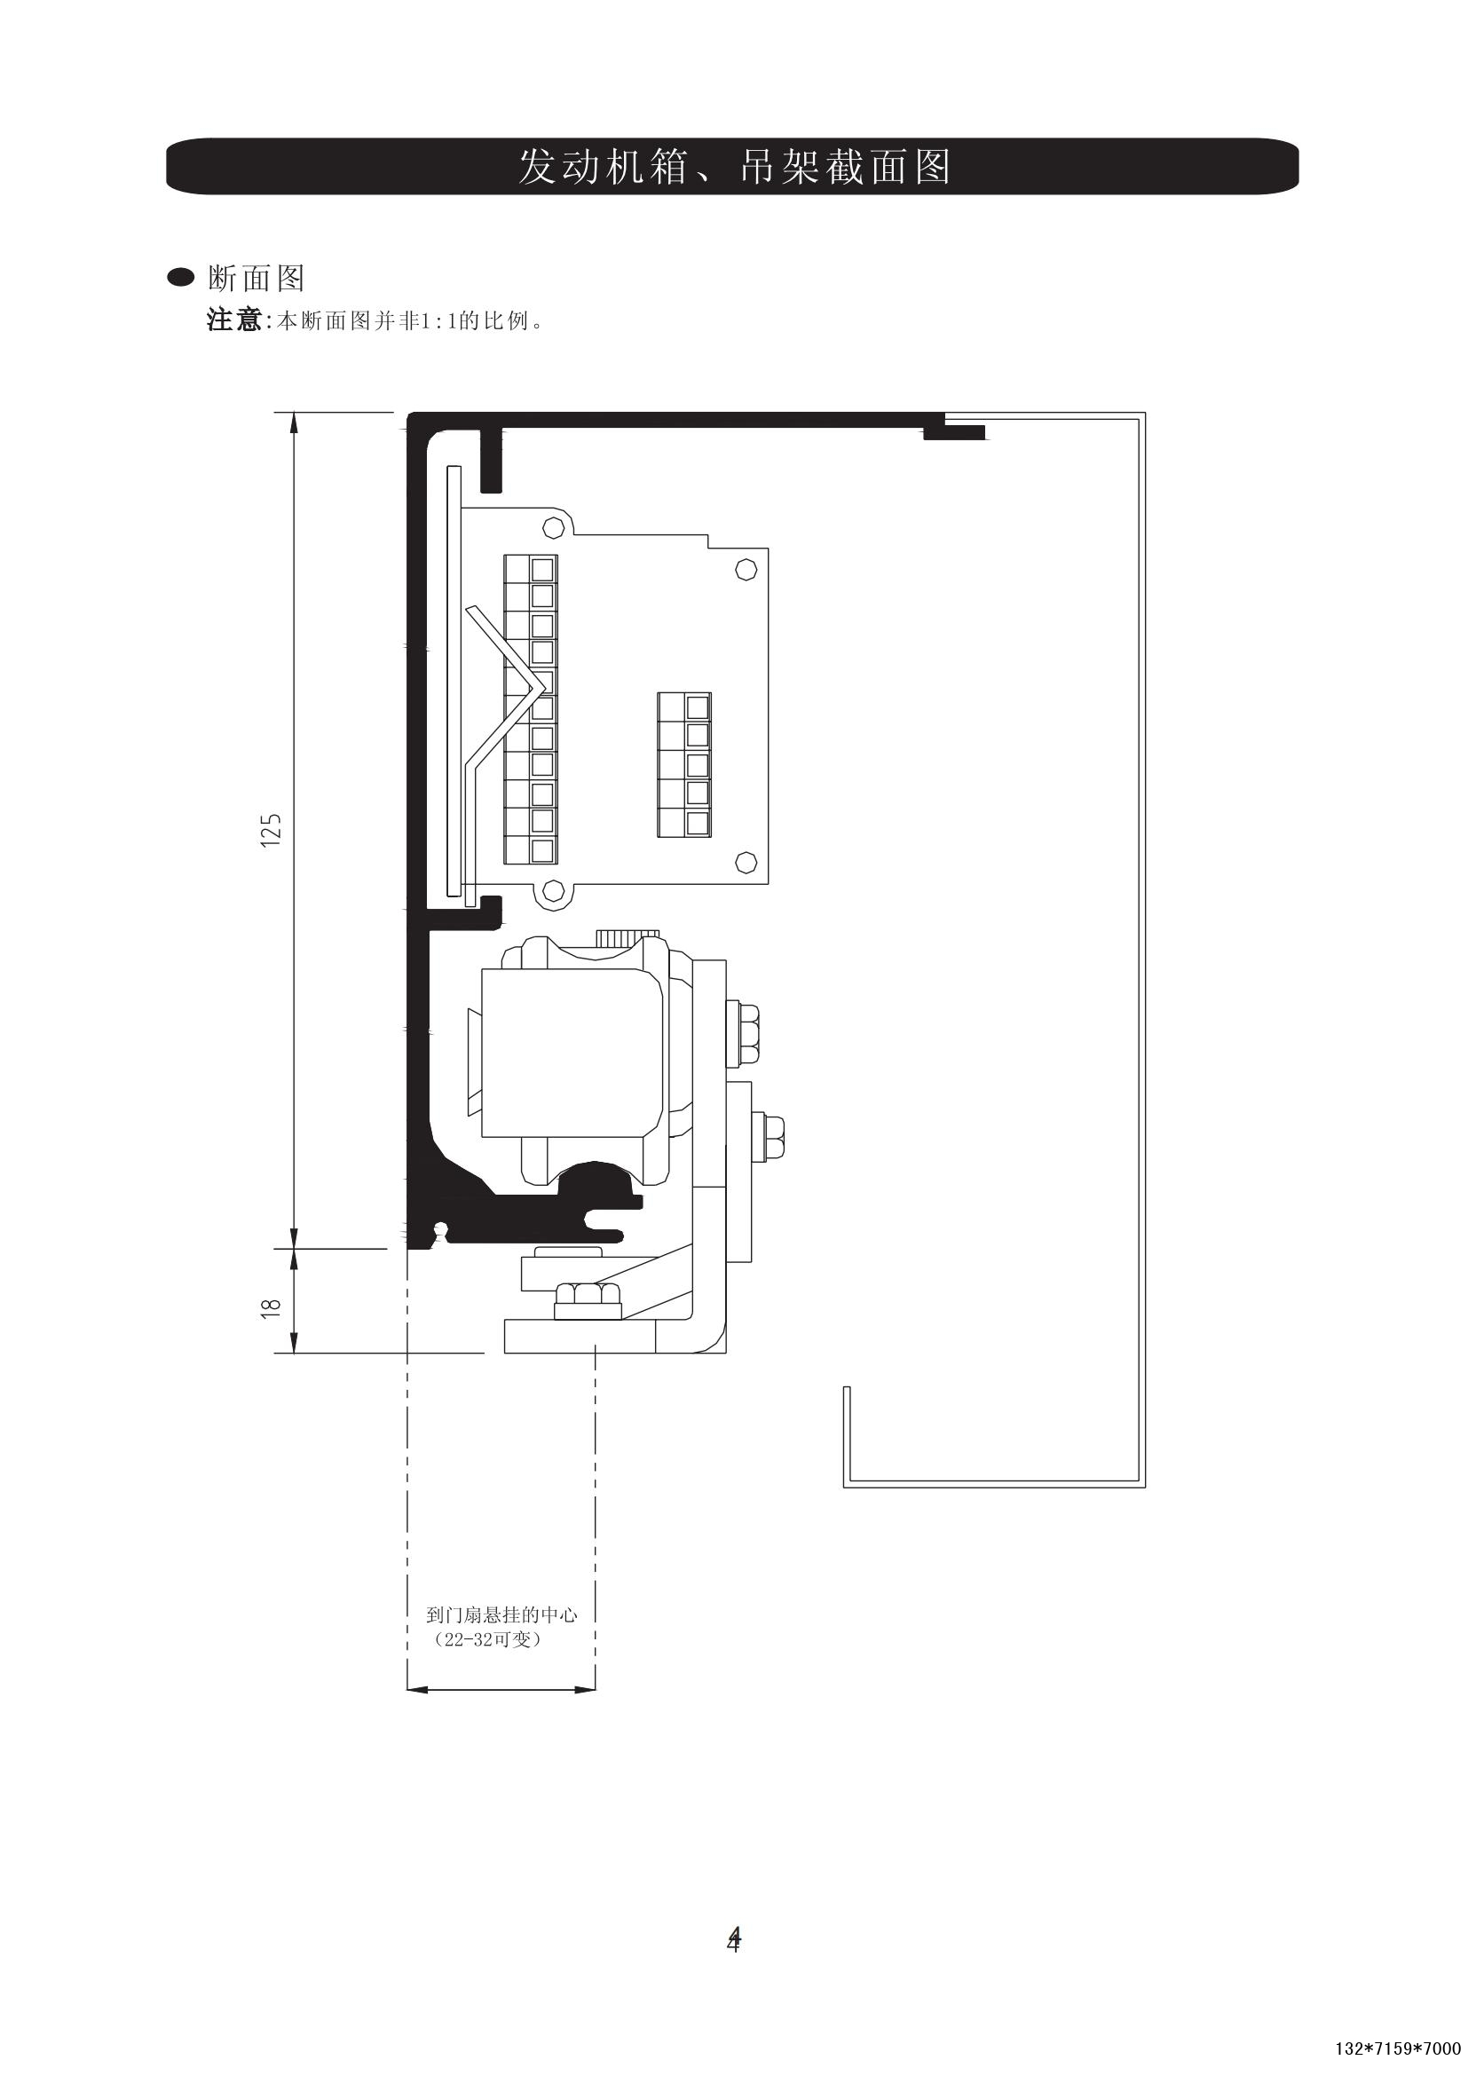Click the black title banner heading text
(x=734, y=166)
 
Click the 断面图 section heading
(x=256, y=279)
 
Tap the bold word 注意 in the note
(x=233, y=321)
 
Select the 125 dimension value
(x=272, y=830)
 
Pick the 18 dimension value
(x=272, y=1307)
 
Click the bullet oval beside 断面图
(x=182, y=279)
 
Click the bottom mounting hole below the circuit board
(x=551, y=895)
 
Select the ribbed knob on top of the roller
(x=627, y=936)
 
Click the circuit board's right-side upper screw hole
(x=746, y=570)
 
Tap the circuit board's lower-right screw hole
(x=746, y=862)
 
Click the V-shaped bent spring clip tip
(x=543, y=689)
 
